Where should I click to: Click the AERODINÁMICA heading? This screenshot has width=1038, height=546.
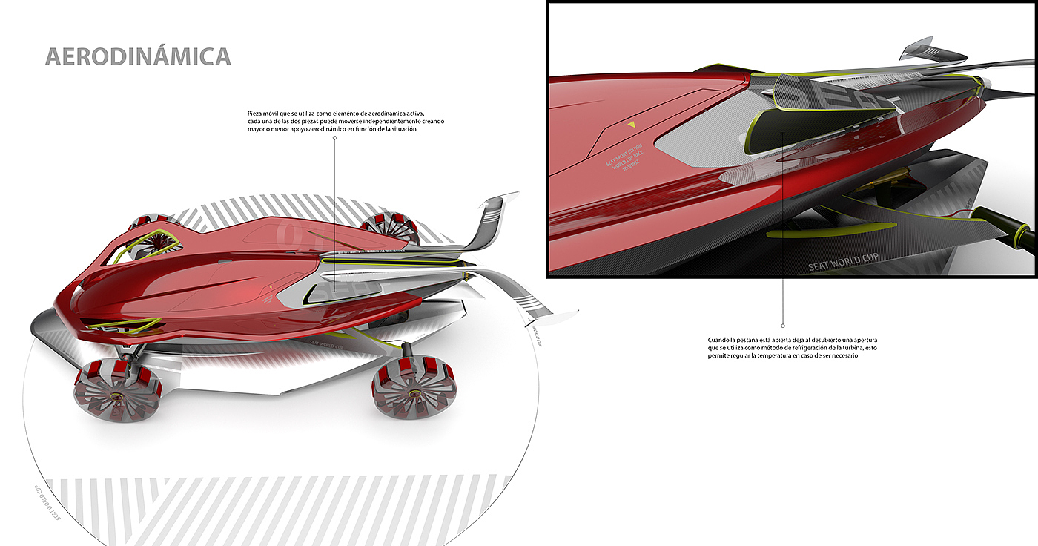pyautogui.click(x=138, y=57)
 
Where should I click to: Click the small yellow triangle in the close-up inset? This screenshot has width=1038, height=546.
pyautogui.click(x=632, y=125)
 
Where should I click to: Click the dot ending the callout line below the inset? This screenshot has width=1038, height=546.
pyautogui.click(x=783, y=325)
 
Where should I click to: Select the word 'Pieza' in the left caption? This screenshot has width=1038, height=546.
pyautogui.click(x=255, y=113)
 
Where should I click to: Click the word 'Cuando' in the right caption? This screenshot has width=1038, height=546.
pyautogui.click(x=718, y=340)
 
